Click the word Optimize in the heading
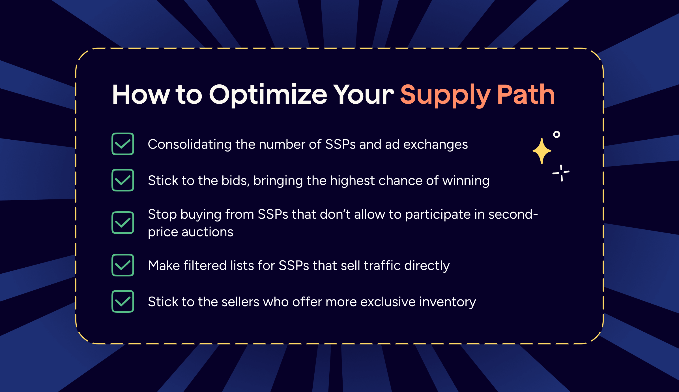click(268, 95)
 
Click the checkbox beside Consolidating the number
click(123, 144)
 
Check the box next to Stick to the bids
click(123, 180)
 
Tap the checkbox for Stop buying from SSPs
click(123, 223)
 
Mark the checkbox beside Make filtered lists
click(123, 265)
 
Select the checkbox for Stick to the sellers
click(123, 301)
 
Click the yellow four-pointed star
click(542, 151)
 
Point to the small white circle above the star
click(556, 134)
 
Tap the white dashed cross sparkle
click(561, 173)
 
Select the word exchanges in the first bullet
click(435, 145)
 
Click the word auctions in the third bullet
click(207, 232)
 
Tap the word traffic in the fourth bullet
click(382, 265)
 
